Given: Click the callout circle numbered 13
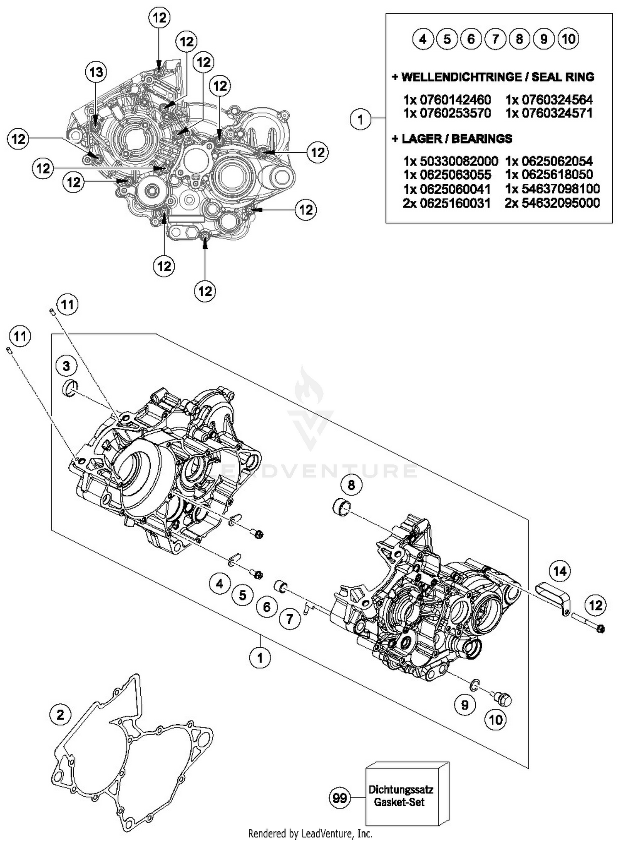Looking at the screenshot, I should coord(96,72).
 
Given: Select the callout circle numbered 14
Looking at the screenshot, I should coord(559,572).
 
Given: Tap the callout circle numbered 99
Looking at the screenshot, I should coord(340,797).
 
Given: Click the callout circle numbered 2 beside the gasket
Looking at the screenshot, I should coord(60,715).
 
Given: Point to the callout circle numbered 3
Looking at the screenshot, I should coord(66,366).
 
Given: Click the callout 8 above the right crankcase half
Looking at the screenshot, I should coord(351,485).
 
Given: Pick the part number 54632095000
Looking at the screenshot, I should coord(552,203).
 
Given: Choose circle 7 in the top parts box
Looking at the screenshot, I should coord(495,39).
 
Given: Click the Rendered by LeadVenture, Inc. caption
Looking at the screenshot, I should coord(310,833).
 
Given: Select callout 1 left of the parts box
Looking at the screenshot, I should coord(360,120).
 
